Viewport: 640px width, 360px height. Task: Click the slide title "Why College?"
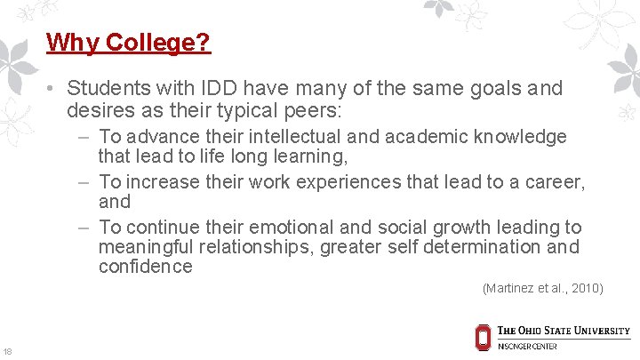click(128, 42)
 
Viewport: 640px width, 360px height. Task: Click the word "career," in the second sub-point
click(553, 182)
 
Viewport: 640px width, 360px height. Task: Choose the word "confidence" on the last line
click(145, 267)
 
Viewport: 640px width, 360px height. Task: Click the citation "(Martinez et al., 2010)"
click(542, 288)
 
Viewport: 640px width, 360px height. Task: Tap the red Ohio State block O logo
click(483, 337)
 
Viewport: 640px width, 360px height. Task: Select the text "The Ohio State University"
click(564, 331)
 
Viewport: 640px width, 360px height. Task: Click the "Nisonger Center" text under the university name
click(527, 347)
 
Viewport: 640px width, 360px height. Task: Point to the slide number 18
click(8, 350)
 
